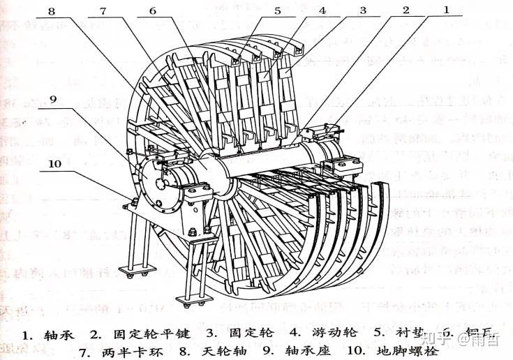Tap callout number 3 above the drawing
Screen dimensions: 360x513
(363, 10)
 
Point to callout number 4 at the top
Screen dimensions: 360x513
(322, 10)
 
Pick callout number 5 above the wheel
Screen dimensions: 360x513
(278, 10)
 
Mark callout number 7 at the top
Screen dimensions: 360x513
(103, 10)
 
